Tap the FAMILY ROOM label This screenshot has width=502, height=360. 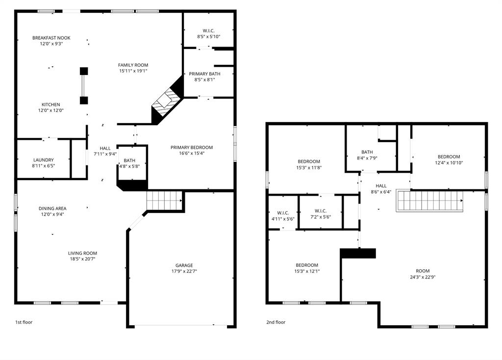[133, 65]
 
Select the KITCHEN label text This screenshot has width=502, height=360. [51, 104]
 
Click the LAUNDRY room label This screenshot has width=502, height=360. [44, 160]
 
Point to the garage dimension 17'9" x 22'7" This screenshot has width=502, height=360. [184, 271]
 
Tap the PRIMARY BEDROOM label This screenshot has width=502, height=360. [192, 147]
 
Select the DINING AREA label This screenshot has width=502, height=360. [52, 208]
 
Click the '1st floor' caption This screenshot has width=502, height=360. [24, 322]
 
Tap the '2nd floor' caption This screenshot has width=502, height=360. [276, 322]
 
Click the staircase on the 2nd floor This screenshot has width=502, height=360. [430, 201]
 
